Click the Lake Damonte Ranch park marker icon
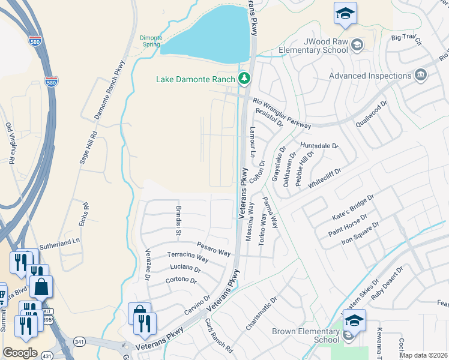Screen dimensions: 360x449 [244, 79]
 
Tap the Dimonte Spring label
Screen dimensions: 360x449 [151, 40]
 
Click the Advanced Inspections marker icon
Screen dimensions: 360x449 [421, 75]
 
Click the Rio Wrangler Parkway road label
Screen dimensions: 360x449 [282, 113]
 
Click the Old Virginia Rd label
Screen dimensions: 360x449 [10, 144]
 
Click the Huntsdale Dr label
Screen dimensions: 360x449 [319, 145]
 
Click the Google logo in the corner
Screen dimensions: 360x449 [20, 352]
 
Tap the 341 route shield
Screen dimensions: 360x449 [79, 341]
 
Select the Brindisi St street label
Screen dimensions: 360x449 [178, 219]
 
